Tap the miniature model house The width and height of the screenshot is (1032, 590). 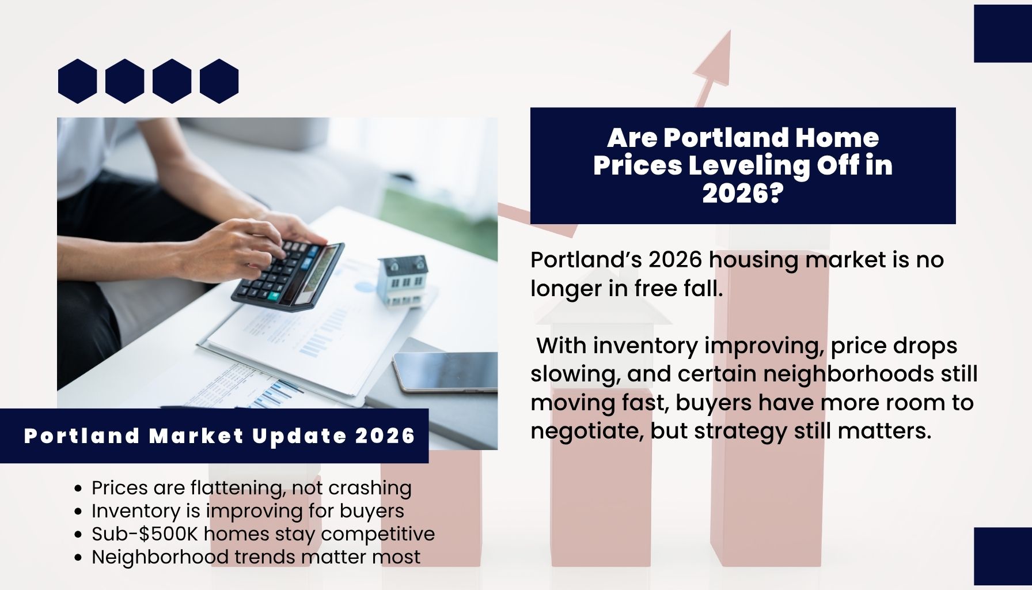pyautogui.click(x=404, y=279)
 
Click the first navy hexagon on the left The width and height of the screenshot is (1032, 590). pyautogui.click(x=77, y=81)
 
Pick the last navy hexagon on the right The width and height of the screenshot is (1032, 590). pyautogui.click(x=219, y=81)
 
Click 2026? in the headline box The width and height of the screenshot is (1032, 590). pyautogui.click(x=743, y=193)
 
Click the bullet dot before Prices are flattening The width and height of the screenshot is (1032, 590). pyautogui.click(x=79, y=489)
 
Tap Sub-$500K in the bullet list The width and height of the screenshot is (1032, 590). pyautogui.click(x=145, y=534)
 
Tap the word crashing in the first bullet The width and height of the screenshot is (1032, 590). pyautogui.click(x=370, y=488)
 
